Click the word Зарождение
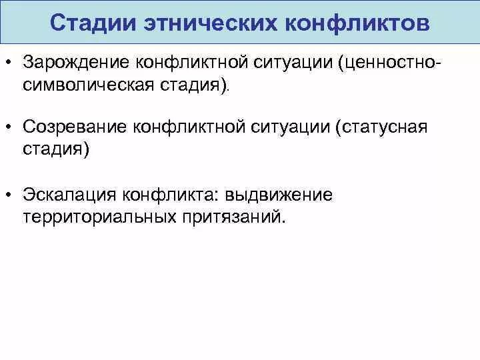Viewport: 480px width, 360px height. coord(75,62)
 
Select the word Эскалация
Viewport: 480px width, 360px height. coord(69,195)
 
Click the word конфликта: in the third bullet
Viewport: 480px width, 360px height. coord(171,195)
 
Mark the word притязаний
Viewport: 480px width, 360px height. coord(229,218)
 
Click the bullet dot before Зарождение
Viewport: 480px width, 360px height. coord(9,63)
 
